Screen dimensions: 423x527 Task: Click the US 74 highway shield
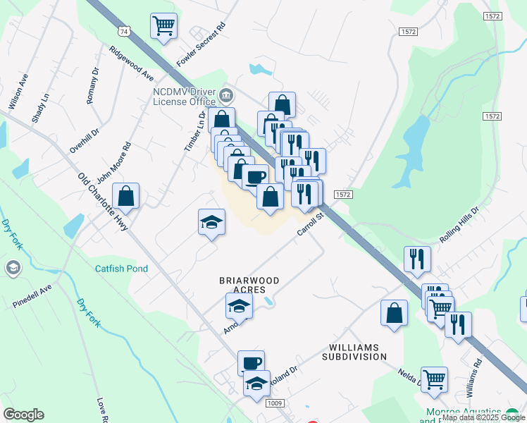tap(125, 32)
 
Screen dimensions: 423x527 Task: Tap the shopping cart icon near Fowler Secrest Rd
tap(163, 27)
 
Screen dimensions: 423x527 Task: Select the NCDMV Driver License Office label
tap(185, 96)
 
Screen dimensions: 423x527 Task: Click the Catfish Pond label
tap(122, 269)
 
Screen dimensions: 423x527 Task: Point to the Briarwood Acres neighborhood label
tap(249, 285)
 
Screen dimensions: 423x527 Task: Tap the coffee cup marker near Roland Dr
tap(251, 364)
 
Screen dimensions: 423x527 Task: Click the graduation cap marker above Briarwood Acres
tap(211, 223)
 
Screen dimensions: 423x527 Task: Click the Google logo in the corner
tap(23, 415)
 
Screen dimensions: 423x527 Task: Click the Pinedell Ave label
tap(32, 296)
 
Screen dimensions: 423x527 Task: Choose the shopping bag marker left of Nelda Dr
tap(394, 313)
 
